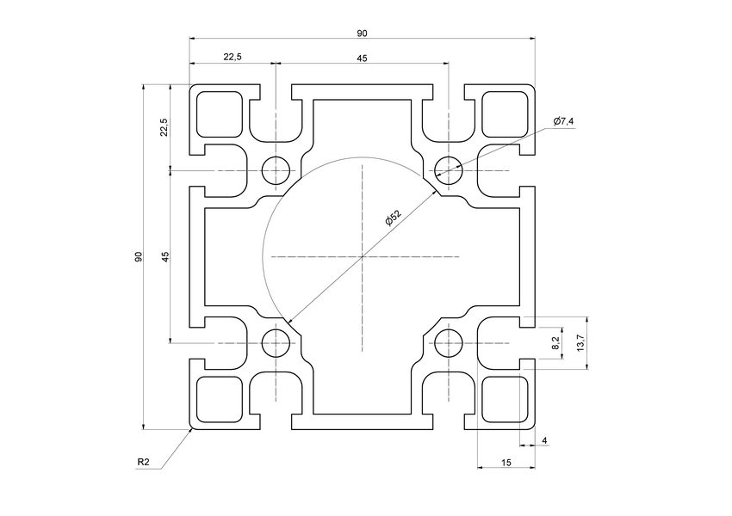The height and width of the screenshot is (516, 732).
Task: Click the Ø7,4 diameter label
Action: [563, 121]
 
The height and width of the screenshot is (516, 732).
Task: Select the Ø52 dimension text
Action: [393, 218]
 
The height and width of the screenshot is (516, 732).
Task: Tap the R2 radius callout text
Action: [143, 463]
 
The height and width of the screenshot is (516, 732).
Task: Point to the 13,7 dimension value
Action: [580, 342]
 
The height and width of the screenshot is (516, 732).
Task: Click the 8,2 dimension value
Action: [555, 342]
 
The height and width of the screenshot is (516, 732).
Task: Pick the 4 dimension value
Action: [543, 441]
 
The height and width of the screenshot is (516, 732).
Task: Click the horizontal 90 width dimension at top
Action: [362, 33]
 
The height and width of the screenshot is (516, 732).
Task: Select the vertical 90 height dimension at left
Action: [139, 257]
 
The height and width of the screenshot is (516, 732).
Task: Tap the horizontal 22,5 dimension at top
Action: [233, 57]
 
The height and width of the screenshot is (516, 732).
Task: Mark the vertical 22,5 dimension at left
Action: [164, 127]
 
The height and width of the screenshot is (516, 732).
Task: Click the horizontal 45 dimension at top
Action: [362, 57]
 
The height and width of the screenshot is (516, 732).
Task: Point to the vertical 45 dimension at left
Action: [164, 256]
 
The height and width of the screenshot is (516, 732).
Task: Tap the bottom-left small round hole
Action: [276, 343]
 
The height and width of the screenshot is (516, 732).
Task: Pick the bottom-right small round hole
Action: [448, 343]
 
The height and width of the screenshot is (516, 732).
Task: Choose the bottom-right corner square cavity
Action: [504, 399]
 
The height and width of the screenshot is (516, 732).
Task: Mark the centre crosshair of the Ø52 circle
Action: [363, 257]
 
